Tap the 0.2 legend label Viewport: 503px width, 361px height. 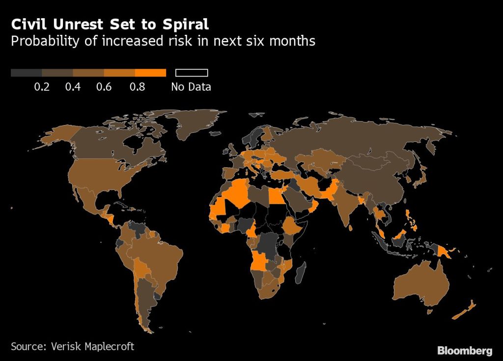(42, 87)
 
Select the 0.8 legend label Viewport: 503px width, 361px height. (137, 87)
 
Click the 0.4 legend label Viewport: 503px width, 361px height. (73, 87)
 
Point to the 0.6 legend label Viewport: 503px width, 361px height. (104, 87)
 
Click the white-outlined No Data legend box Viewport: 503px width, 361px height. (192, 73)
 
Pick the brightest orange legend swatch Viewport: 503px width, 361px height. (150, 73)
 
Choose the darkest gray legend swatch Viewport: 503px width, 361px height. (26, 73)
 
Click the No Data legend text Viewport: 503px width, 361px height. (191, 87)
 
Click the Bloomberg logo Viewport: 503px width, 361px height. (464, 350)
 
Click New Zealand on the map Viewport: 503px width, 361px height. (464, 309)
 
